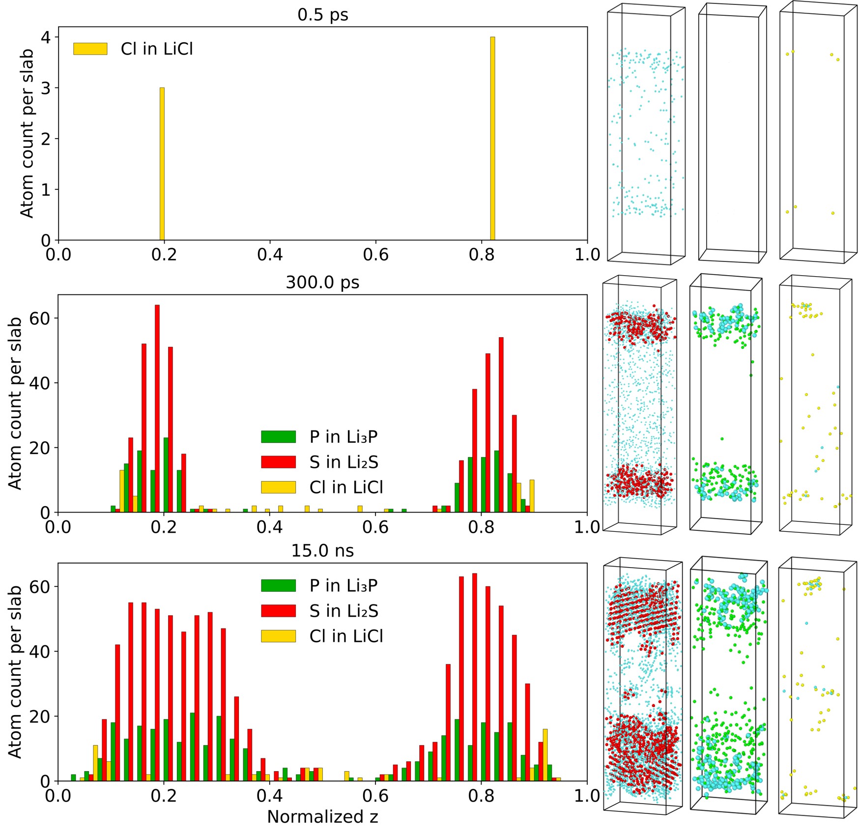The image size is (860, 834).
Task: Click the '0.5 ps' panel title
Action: click(322, 15)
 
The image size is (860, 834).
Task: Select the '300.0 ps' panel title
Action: click(322, 283)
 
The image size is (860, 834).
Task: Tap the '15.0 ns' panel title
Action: click(322, 550)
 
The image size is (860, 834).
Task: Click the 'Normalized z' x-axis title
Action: click(322, 816)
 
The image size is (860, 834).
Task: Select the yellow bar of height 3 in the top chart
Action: click(162, 164)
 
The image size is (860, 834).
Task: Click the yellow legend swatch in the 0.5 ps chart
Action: click(90, 49)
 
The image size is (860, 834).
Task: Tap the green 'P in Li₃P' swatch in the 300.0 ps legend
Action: click(278, 436)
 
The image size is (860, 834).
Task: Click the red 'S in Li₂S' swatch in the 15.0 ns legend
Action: click(278, 611)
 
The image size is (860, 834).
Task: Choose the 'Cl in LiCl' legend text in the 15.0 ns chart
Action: click(346, 636)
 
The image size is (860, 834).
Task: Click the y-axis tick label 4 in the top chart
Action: click(46, 37)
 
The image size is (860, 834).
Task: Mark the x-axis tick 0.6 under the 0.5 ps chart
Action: click(375, 255)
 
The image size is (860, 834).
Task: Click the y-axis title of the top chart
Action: click(27, 133)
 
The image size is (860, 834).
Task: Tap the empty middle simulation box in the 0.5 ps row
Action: click(732, 133)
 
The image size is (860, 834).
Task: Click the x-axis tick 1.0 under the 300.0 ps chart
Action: click(587, 527)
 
